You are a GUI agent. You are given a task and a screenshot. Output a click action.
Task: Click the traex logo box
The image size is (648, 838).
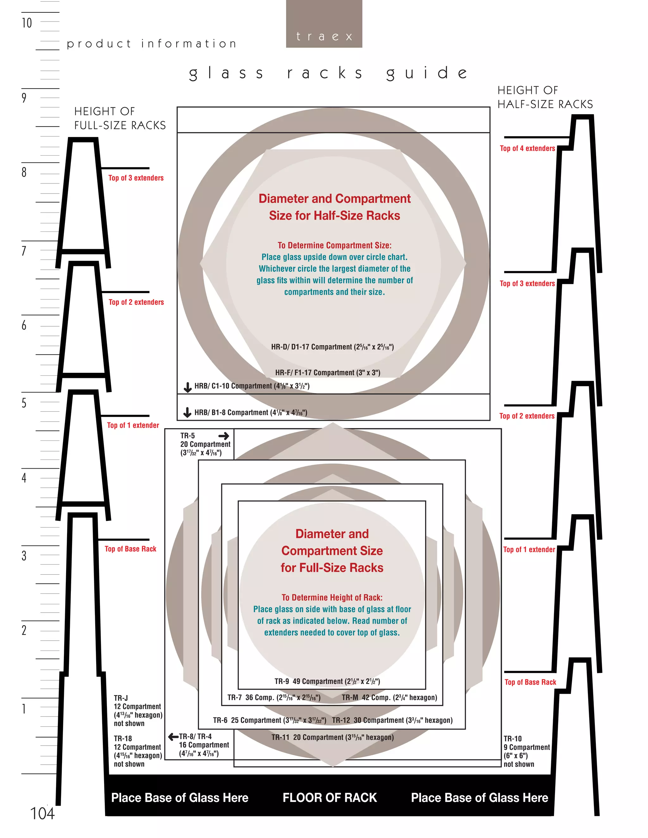[x=324, y=24]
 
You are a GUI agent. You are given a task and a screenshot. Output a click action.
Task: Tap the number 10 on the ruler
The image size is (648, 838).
[x=27, y=23]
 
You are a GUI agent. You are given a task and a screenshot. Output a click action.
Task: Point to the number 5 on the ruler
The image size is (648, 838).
[x=24, y=403]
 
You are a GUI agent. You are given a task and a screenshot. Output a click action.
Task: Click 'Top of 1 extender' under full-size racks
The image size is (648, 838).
[x=133, y=425]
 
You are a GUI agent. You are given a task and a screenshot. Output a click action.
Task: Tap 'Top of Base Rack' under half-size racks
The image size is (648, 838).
[x=530, y=682]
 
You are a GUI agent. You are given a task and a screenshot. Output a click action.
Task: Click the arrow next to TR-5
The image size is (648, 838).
[x=224, y=436]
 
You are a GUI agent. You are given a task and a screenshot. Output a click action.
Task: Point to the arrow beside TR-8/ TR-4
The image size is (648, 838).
[x=173, y=736]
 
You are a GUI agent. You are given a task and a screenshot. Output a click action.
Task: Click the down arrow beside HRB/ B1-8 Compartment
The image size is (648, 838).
[x=187, y=412]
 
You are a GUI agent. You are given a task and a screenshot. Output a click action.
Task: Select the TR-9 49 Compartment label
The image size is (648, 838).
[x=327, y=681]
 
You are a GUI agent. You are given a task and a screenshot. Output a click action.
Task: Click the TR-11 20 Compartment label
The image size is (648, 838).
[x=333, y=737]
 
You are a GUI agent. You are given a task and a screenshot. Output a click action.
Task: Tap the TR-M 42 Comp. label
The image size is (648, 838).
[x=389, y=697]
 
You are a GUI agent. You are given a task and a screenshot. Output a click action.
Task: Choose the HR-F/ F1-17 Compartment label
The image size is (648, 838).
[x=327, y=373]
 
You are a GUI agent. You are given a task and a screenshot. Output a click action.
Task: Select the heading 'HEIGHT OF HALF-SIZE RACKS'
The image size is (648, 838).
[x=545, y=97]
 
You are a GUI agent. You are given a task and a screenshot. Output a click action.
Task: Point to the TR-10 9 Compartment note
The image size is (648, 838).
[x=526, y=751]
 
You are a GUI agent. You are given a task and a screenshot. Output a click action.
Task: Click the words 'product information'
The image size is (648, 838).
[x=152, y=44]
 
